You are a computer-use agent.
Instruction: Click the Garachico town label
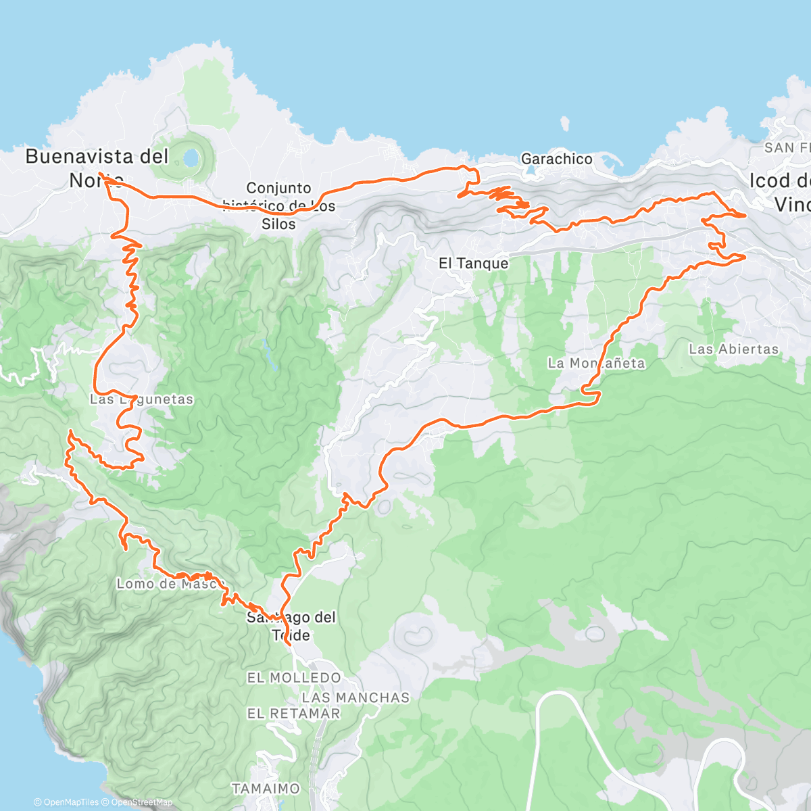[x=556, y=159]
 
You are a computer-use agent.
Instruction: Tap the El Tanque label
[x=473, y=263]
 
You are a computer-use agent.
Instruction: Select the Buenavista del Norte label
[x=97, y=167]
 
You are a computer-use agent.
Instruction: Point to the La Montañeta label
[x=596, y=363]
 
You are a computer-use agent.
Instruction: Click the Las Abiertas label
[x=733, y=349]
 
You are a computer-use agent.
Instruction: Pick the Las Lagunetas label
[x=142, y=399]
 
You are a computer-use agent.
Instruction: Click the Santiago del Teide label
[x=291, y=626]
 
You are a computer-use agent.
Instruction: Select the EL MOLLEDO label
[x=294, y=677]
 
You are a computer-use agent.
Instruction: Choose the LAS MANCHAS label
[x=355, y=697]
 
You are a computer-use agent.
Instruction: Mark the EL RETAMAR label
[x=293, y=714]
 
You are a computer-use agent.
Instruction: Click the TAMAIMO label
[x=266, y=788]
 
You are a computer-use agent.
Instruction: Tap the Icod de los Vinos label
[x=781, y=192]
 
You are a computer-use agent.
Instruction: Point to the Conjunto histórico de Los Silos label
[x=279, y=205]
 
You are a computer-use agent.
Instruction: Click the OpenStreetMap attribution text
[x=141, y=803]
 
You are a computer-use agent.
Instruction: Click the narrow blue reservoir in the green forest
[x=270, y=355]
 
